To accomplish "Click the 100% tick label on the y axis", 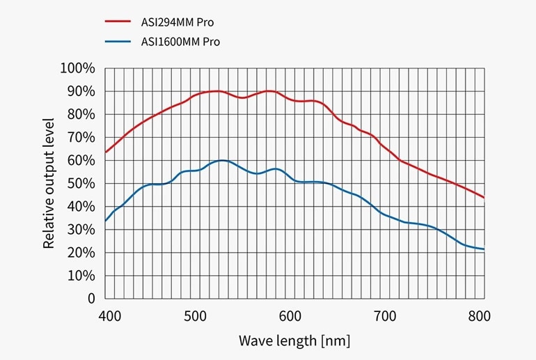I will pyautogui.click(x=77, y=68).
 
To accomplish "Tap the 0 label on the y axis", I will pyautogui.click(x=90, y=298).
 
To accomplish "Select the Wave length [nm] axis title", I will pyautogui.click(x=294, y=341).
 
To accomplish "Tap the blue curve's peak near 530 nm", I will pyautogui.click(x=221, y=160).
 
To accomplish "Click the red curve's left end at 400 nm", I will pyautogui.click(x=106, y=152).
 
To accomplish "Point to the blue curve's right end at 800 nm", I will pyautogui.click(x=483, y=249).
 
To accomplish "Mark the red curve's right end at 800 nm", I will pyautogui.click(x=483, y=198).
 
